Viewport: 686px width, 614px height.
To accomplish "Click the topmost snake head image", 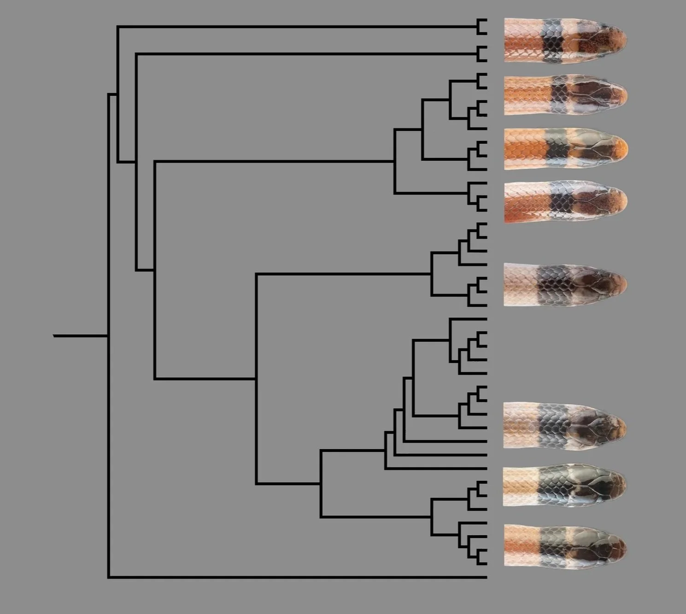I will tap(565, 40).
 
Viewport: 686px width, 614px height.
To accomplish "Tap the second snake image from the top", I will tap(565, 94).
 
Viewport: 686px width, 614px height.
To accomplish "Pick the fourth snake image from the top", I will tap(565, 202).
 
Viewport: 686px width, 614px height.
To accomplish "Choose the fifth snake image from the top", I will tap(565, 284).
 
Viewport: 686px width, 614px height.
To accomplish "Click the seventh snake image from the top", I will tap(565, 487).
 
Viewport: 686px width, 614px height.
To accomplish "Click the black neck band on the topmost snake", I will tap(552, 41).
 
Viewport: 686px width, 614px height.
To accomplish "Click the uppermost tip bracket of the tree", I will tap(481, 27).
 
